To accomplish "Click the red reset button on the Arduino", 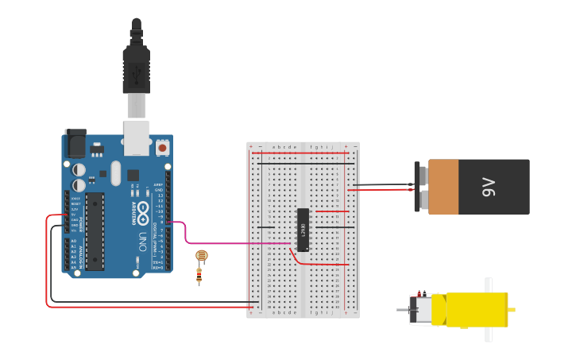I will (x=162, y=147).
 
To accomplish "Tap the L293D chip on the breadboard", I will (x=303, y=229).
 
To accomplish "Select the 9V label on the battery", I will (x=488, y=187).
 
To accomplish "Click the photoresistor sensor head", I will (x=201, y=256).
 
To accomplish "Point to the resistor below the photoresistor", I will (x=199, y=276).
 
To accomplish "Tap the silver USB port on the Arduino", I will (x=137, y=137).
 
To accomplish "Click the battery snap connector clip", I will (x=417, y=187).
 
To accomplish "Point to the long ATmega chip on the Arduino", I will (x=95, y=230).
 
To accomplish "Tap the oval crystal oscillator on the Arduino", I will (x=116, y=172).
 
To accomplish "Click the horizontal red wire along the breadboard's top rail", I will (x=302, y=153).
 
